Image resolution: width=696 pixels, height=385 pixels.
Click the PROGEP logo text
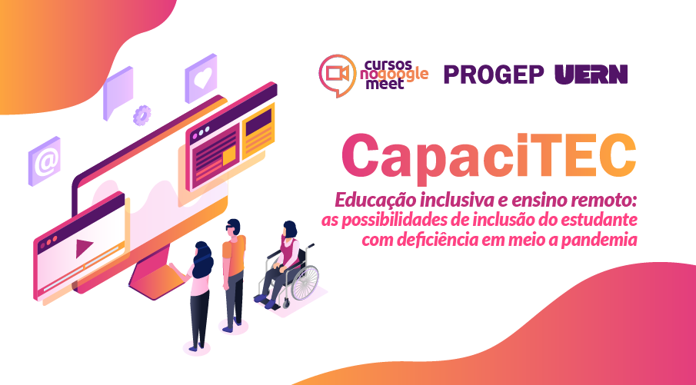(x=494, y=75)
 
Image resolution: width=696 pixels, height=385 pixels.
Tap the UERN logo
(x=591, y=74)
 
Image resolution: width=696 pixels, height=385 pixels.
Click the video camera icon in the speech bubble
(x=338, y=73)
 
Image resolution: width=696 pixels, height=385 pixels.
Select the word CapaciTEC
(x=488, y=155)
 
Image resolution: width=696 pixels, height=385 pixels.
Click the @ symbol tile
(x=45, y=161)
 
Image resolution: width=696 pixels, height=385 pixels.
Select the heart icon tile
(x=201, y=78)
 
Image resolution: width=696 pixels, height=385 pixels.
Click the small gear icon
(x=142, y=115)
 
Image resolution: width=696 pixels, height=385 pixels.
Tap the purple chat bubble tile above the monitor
(x=118, y=92)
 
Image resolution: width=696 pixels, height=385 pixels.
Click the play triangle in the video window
(x=84, y=247)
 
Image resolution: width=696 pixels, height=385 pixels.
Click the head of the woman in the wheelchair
(x=290, y=230)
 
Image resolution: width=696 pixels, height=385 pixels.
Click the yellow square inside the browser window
(x=229, y=156)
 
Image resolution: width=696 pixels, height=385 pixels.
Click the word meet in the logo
(x=385, y=84)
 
